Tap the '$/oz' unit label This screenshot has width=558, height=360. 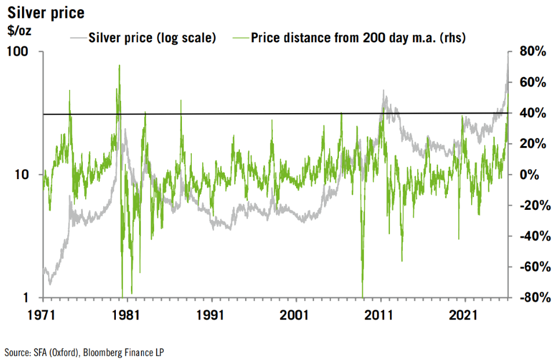(20, 31)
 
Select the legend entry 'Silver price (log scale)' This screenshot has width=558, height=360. (151, 38)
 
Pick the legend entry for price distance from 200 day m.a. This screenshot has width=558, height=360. (359, 38)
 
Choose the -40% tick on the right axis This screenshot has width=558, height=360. (531, 236)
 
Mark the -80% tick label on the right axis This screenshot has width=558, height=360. (531, 297)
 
